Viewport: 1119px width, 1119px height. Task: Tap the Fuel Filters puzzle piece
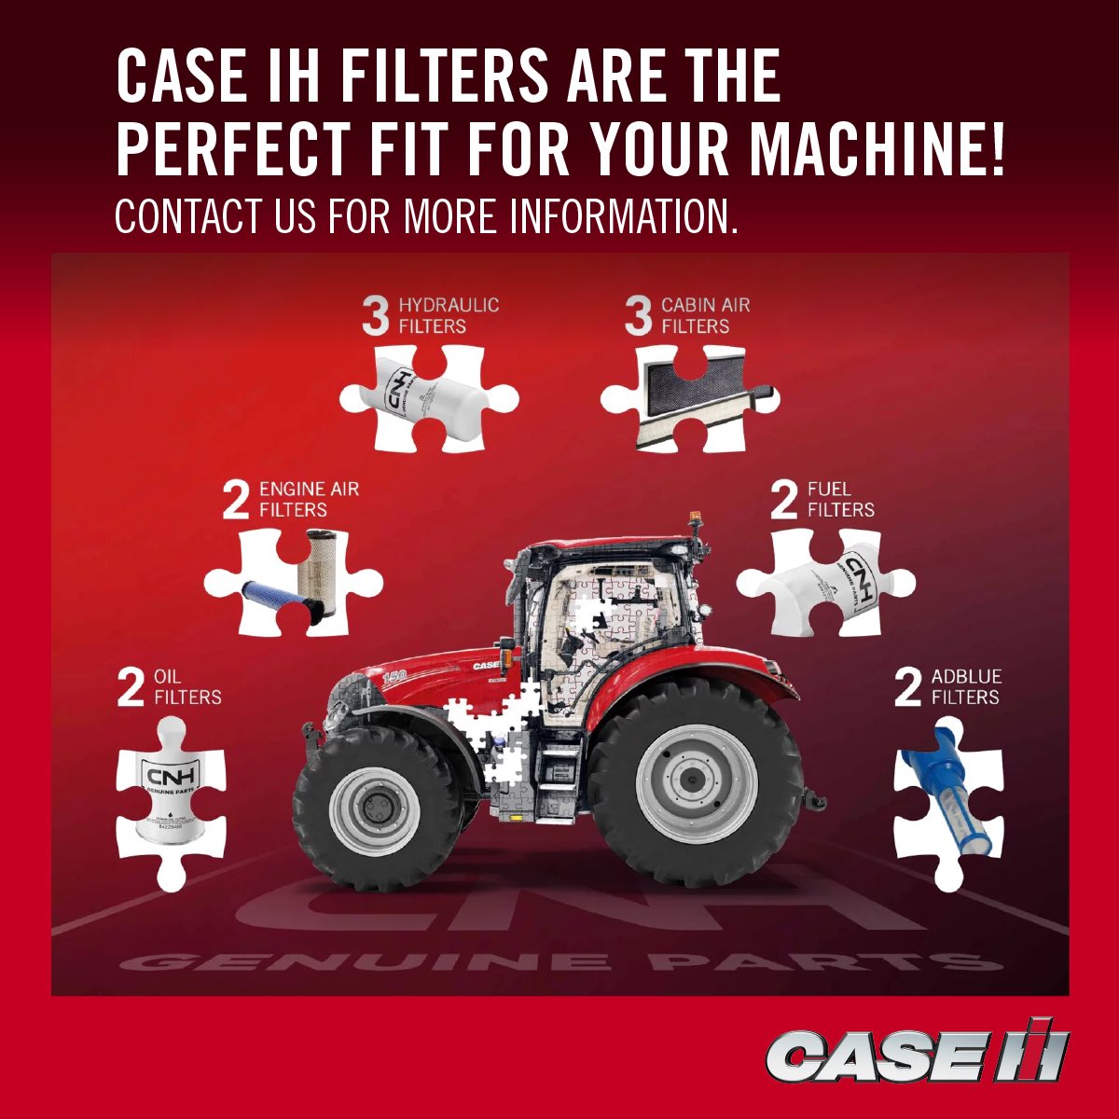[x=825, y=583]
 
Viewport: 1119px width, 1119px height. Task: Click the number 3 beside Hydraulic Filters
[x=375, y=316]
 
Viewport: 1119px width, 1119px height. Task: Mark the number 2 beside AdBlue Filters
[x=907, y=687]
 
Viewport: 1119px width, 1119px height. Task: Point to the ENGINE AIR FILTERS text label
[x=308, y=499]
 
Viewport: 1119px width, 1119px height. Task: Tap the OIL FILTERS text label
[x=186, y=686]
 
